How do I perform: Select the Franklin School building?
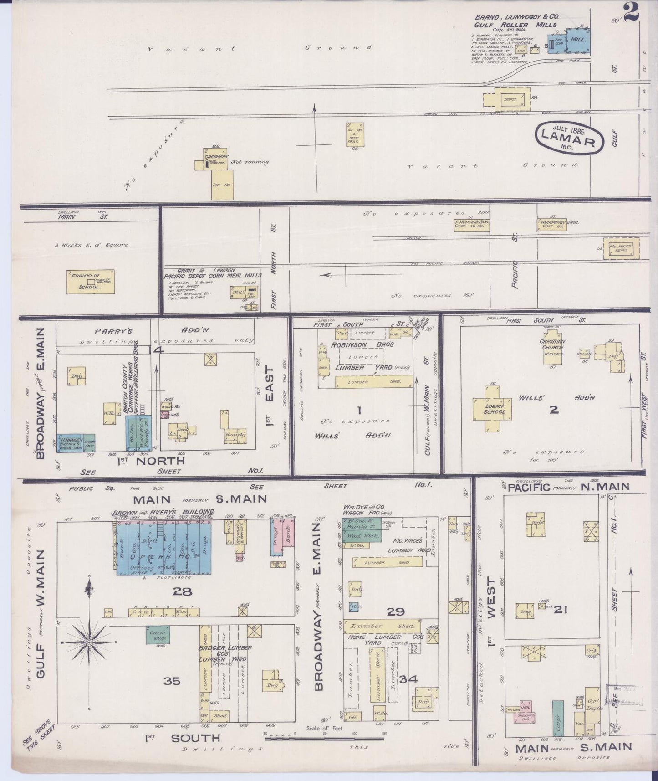pos(91,283)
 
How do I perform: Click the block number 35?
pos(172,681)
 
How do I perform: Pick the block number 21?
pos(560,609)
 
